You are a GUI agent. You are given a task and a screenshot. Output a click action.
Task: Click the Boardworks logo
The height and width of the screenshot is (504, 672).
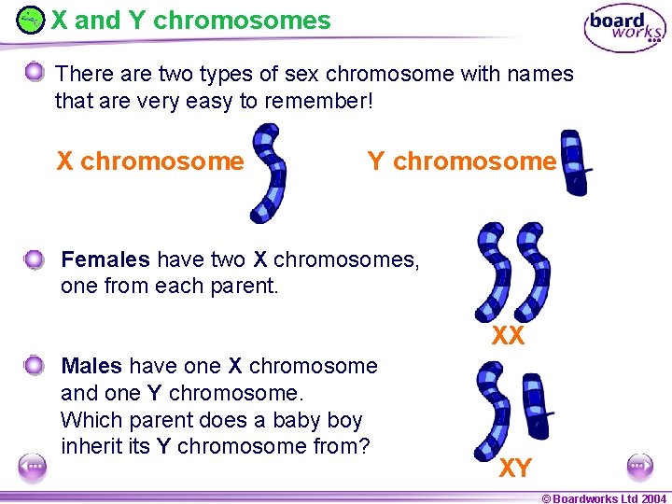coord(624,28)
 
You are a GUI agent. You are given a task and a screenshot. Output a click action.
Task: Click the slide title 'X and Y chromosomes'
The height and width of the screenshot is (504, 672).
coord(190,20)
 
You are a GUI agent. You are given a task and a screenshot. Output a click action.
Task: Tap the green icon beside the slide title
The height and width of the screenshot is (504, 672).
coord(31,20)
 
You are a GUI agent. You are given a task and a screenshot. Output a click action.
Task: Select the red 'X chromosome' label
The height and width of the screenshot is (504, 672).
coord(150,161)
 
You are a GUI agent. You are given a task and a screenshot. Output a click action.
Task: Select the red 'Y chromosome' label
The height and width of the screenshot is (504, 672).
coord(462,161)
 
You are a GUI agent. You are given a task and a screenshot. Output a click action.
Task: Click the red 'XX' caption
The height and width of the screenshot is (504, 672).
coord(509,336)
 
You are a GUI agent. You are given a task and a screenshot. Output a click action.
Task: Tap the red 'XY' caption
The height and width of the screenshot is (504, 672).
coord(515,469)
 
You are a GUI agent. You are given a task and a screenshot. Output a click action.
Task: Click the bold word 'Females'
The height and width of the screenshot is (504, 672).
coord(105,259)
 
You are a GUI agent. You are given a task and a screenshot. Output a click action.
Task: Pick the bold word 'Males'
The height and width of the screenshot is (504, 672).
coord(91,366)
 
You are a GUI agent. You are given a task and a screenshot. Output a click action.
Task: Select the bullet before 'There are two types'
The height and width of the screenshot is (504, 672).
coord(35,72)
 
